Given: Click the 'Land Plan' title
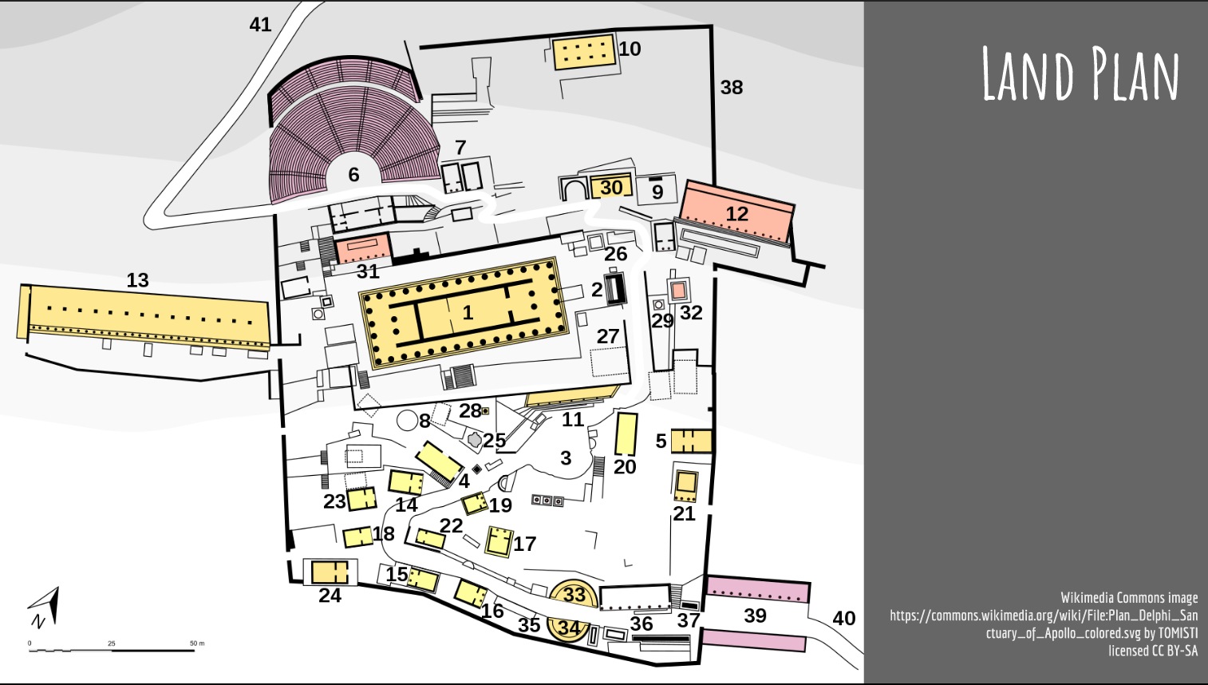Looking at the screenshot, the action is coord(1080,73).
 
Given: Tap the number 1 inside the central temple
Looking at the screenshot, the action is coord(468,312).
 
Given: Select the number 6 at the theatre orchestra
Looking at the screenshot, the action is coord(353,174).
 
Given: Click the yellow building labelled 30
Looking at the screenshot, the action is coord(611,187).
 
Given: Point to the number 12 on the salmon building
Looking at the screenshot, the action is coord(736,214).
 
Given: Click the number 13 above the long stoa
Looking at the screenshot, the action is coord(137,280).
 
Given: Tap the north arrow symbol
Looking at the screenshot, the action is coord(44,608).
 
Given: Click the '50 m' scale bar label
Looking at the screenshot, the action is coord(197,643).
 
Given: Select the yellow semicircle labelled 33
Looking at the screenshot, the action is coord(573,594).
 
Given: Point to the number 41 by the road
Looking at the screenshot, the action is coord(260,24).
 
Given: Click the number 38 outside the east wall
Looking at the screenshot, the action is coord(732,87).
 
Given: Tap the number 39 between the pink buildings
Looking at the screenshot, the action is coord(755,616).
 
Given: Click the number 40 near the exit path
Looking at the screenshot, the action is coord(844,618).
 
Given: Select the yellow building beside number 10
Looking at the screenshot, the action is coord(585,52).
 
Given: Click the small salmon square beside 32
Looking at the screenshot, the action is coord(679,291).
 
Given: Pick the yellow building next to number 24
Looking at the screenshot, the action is coord(330,572).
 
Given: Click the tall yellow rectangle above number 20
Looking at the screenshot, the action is coord(626,434).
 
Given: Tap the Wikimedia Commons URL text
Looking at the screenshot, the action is coord(1044,624).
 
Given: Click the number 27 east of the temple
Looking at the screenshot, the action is coord(607,336).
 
